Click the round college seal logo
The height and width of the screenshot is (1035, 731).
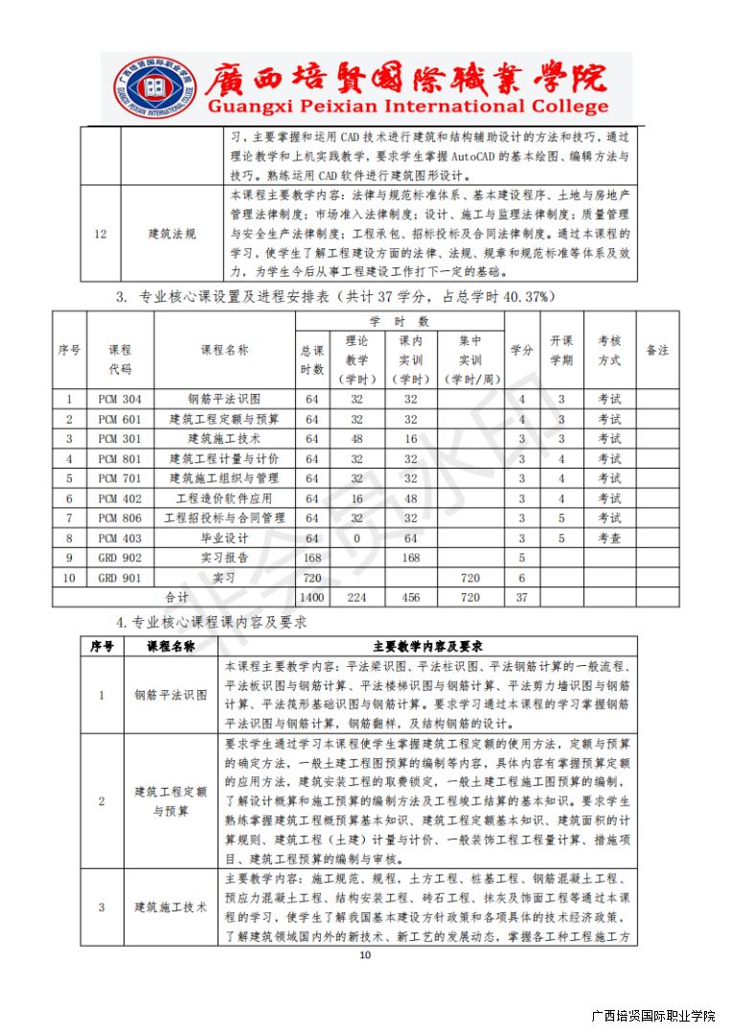147,87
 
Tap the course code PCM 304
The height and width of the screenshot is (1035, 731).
120,399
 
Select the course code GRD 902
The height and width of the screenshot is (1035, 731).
120,558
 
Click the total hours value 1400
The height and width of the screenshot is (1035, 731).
311,597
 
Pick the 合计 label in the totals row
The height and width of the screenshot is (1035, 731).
177,597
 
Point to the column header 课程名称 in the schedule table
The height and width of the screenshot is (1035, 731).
224,350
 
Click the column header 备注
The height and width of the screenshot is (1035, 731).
657,350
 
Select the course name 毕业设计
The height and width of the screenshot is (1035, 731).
224,538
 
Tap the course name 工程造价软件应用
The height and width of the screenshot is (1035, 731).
224,498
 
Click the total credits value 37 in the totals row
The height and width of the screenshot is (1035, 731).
522,597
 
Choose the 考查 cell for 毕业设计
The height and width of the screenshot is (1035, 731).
609,538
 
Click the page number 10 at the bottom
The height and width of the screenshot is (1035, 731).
364,955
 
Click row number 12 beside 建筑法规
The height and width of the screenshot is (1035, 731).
101,234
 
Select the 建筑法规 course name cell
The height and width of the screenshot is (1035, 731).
172,234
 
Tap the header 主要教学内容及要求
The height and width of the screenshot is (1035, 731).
426,646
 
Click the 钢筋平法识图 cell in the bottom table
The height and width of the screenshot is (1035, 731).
171,695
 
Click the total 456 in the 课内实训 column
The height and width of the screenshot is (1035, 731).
410,597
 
